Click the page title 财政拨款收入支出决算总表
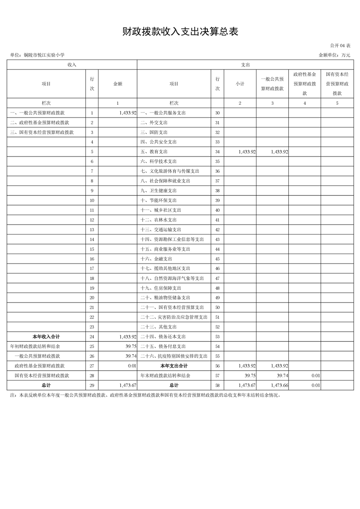180,31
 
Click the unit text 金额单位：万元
335,55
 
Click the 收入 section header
72,65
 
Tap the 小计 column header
240,84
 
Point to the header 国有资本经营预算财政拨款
337,83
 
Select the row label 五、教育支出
154,152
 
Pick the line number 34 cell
217,152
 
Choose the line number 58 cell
217,385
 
